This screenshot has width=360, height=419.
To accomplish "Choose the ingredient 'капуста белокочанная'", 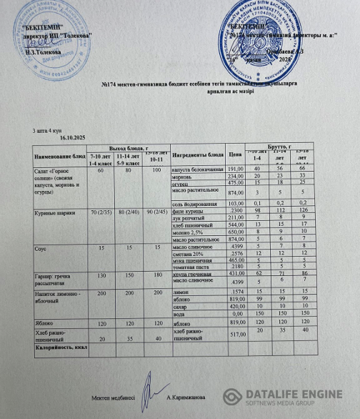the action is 197,169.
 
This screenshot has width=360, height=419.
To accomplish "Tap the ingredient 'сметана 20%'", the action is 189,254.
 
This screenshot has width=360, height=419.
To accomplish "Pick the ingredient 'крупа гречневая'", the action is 193,274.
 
